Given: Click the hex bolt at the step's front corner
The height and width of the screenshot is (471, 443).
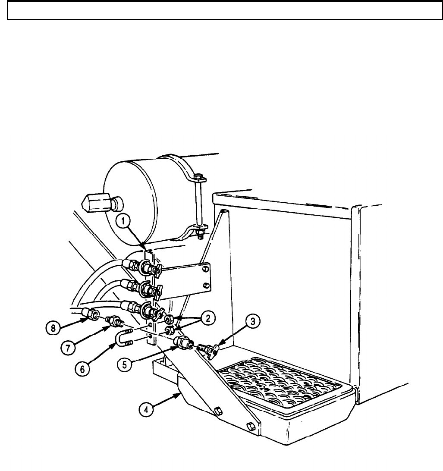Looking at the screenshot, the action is [x=250, y=427].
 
